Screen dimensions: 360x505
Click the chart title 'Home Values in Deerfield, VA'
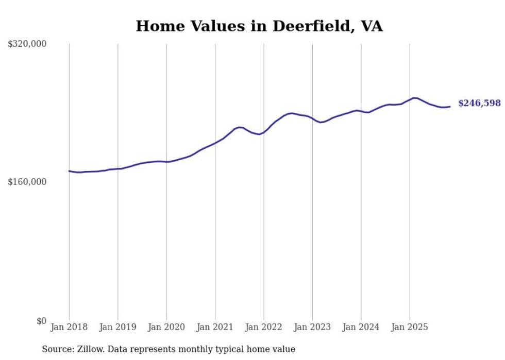(x=259, y=26)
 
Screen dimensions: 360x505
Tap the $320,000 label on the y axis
(x=27, y=44)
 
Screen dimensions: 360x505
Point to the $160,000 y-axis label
(x=27, y=182)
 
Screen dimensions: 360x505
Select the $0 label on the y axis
(x=41, y=321)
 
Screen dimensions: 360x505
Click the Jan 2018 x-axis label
(x=69, y=327)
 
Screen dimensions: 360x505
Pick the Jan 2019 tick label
(x=117, y=327)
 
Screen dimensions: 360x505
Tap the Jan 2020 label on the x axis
(x=166, y=327)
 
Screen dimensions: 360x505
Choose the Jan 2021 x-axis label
(x=215, y=327)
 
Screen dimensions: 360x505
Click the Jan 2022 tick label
(x=264, y=327)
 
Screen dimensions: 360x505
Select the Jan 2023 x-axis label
(x=312, y=327)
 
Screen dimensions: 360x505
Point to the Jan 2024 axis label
(x=361, y=327)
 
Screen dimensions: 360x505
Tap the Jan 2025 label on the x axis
(x=410, y=327)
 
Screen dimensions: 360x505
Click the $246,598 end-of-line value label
(x=479, y=104)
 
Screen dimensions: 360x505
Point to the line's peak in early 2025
(x=414, y=97)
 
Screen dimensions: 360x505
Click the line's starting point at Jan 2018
(x=69, y=171)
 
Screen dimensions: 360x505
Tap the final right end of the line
(x=450, y=107)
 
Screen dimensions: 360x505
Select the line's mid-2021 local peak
(x=240, y=127)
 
